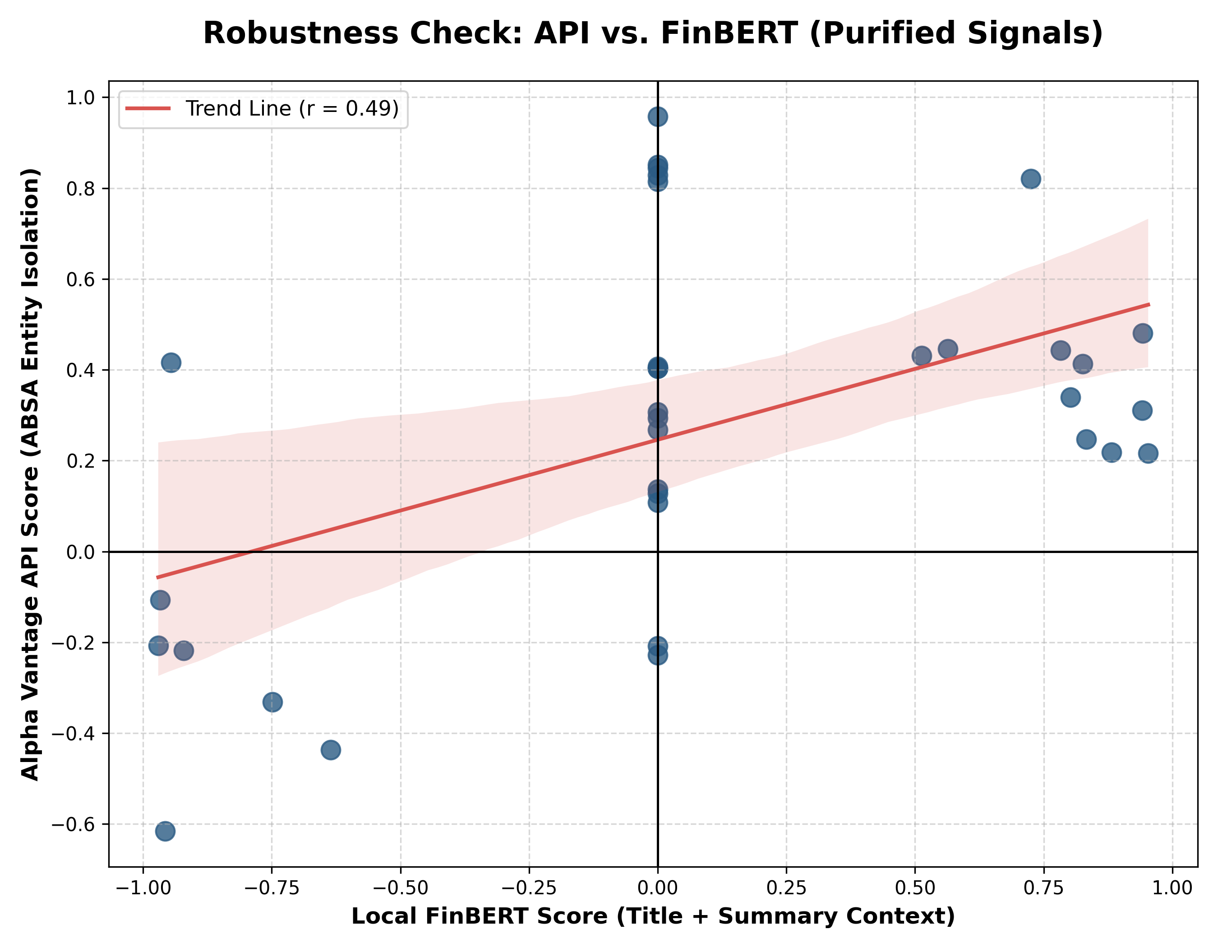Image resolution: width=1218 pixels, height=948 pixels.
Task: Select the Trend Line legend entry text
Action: click(292, 109)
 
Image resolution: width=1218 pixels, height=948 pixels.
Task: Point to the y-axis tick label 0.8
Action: click(81, 189)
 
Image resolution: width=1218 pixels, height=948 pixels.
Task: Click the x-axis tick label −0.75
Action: click(272, 888)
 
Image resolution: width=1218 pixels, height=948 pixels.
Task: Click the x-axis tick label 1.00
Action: click(1172, 888)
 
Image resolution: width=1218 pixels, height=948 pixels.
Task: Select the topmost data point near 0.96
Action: click(658, 116)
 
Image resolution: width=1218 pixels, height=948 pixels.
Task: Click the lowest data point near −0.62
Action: click(165, 831)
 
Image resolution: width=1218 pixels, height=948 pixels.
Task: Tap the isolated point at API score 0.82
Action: click(1031, 179)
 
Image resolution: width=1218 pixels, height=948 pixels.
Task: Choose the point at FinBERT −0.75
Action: click(272, 702)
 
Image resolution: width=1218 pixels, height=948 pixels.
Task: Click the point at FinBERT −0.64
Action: click(331, 750)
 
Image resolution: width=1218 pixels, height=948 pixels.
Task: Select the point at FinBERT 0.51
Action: click(921, 356)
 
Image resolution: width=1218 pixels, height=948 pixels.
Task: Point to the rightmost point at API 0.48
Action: click(1143, 334)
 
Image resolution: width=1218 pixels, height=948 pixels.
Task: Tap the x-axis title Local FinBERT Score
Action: click(653, 916)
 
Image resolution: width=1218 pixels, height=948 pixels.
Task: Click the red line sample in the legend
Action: click(148, 109)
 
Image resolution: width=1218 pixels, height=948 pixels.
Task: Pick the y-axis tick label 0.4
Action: click(81, 370)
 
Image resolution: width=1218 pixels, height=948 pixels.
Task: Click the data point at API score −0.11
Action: click(160, 600)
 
